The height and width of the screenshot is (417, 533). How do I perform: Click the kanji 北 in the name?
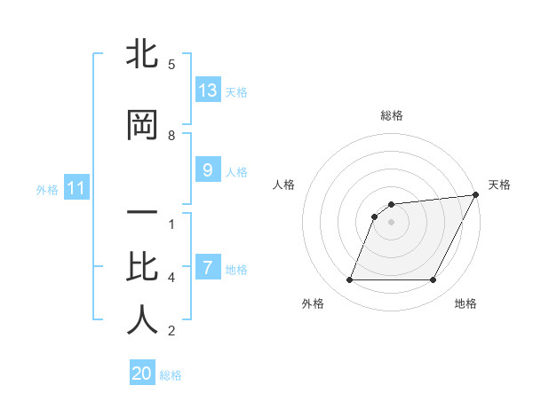click(x=142, y=54)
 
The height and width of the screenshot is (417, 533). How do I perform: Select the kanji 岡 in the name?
click(x=142, y=125)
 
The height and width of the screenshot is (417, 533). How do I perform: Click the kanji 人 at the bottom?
click(x=142, y=320)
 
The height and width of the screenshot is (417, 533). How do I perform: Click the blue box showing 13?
click(x=207, y=90)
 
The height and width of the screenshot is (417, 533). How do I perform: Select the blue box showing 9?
click(x=207, y=169)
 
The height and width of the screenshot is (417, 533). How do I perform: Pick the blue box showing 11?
click(x=76, y=188)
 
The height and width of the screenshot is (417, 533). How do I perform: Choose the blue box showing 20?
click(x=142, y=374)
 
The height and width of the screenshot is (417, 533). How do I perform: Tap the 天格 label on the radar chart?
click(x=499, y=185)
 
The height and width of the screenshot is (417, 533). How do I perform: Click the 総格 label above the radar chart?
click(x=391, y=115)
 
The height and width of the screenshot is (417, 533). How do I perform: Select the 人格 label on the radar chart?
click(x=283, y=185)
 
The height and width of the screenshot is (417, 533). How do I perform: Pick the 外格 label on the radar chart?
click(x=313, y=304)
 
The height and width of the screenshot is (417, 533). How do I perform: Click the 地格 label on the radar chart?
click(x=465, y=304)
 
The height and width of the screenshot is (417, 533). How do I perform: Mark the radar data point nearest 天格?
click(x=476, y=195)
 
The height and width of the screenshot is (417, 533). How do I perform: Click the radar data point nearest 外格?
click(x=349, y=280)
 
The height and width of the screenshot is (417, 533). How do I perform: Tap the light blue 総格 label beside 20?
click(x=171, y=375)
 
